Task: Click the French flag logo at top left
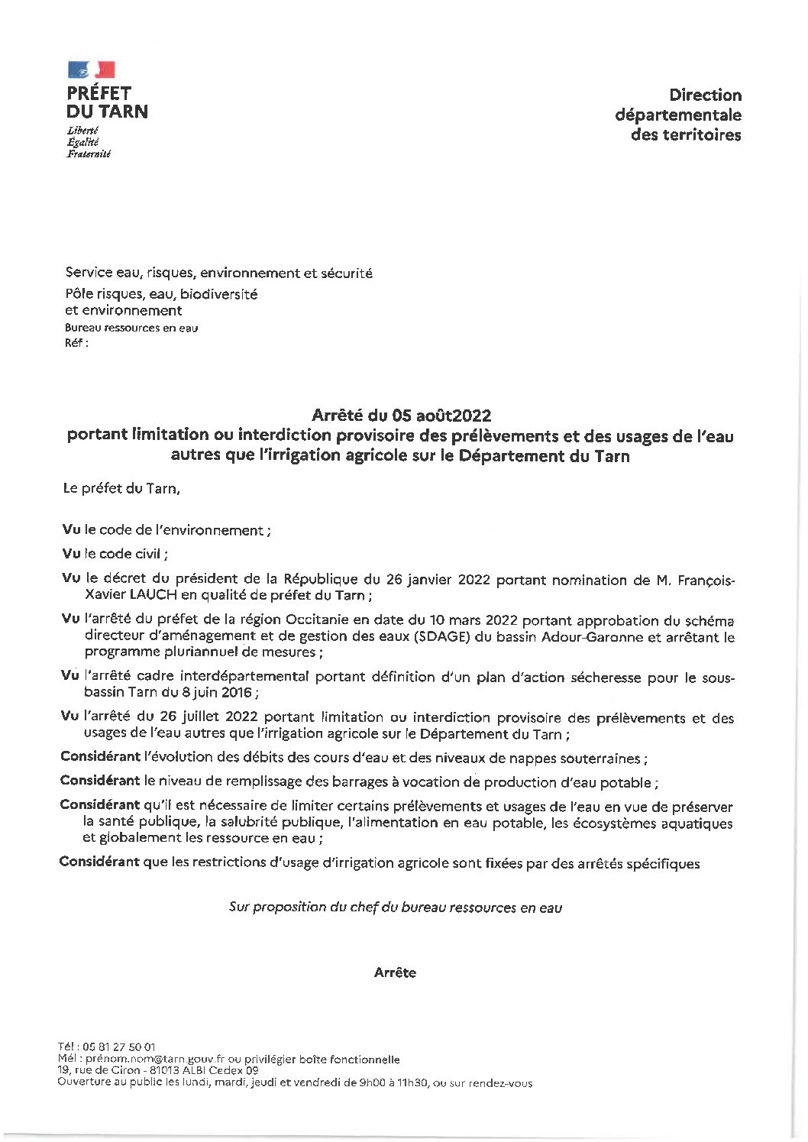(x=92, y=71)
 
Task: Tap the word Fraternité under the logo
(x=89, y=154)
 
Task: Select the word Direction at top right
(x=705, y=95)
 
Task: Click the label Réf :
(x=77, y=343)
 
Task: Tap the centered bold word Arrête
(x=395, y=972)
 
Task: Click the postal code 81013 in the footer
(x=154, y=1071)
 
